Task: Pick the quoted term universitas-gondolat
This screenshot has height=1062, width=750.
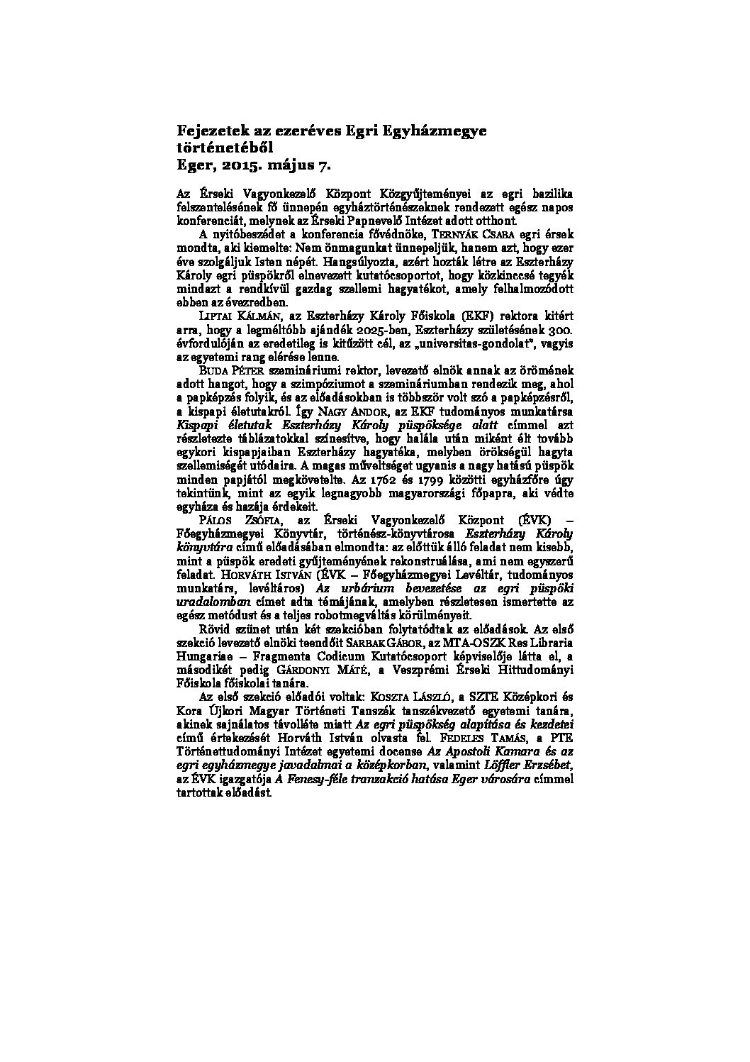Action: point(461,343)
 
